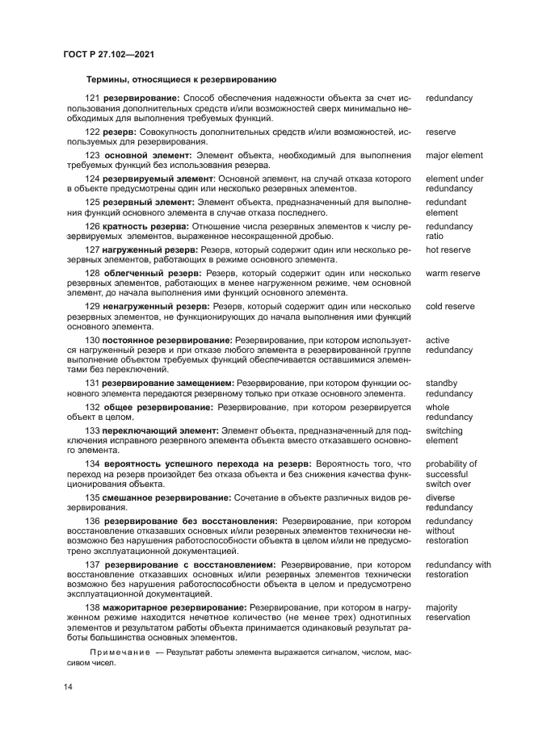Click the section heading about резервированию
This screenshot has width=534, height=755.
point(182,80)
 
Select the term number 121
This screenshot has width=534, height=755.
point(92,99)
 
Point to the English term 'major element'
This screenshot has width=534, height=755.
point(454,155)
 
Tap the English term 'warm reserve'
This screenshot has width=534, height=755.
point(452,274)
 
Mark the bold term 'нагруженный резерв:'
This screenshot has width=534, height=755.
point(150,250)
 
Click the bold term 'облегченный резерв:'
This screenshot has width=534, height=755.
point(152,274)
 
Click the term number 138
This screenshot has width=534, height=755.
point(92,606)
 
